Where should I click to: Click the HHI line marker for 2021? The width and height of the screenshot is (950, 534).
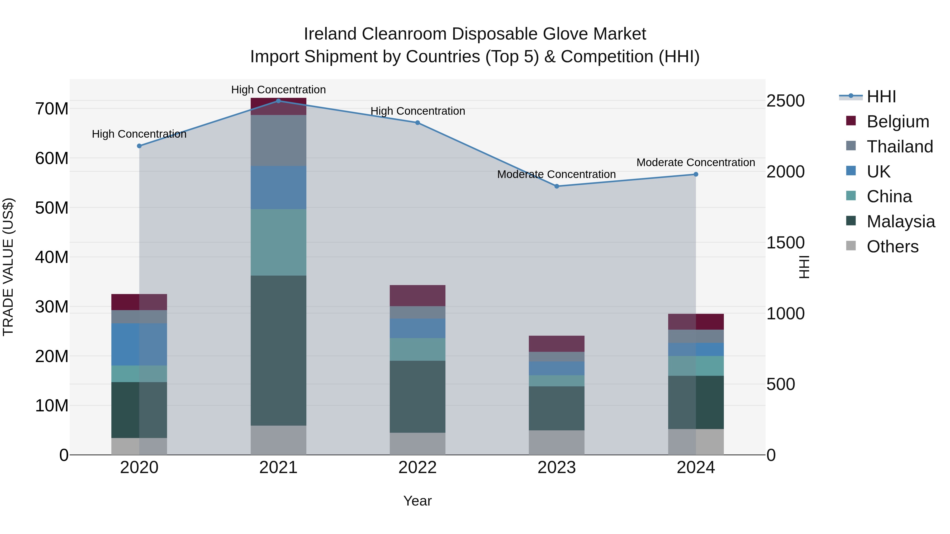tap(278, 101)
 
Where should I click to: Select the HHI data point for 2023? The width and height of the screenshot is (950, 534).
tap(557, 186)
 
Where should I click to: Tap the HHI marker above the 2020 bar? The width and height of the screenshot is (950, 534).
tap(139, 146)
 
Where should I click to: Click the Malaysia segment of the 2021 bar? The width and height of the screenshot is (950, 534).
tap(278, 350)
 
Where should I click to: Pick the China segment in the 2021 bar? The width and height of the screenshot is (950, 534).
tap(278, 242)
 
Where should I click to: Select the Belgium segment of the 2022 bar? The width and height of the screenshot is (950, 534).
tap(417, 296)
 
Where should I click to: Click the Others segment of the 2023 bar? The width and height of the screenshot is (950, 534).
tap(557, 442)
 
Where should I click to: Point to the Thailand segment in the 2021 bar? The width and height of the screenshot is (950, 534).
tap(278, 140)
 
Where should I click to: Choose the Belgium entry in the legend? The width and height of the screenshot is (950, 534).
tap(898, 122)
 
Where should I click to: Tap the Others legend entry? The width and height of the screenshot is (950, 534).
tap(892, 247)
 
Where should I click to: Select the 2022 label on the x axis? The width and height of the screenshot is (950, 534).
tap(417, 468)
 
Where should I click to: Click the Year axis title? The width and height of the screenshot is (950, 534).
tap(417, 501)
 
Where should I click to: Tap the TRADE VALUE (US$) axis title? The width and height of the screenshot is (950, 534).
tap(8, 267)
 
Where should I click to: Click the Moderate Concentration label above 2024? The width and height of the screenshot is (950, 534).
tap(696, 162)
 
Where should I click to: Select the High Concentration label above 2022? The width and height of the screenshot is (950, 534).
tap(417, 111)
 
